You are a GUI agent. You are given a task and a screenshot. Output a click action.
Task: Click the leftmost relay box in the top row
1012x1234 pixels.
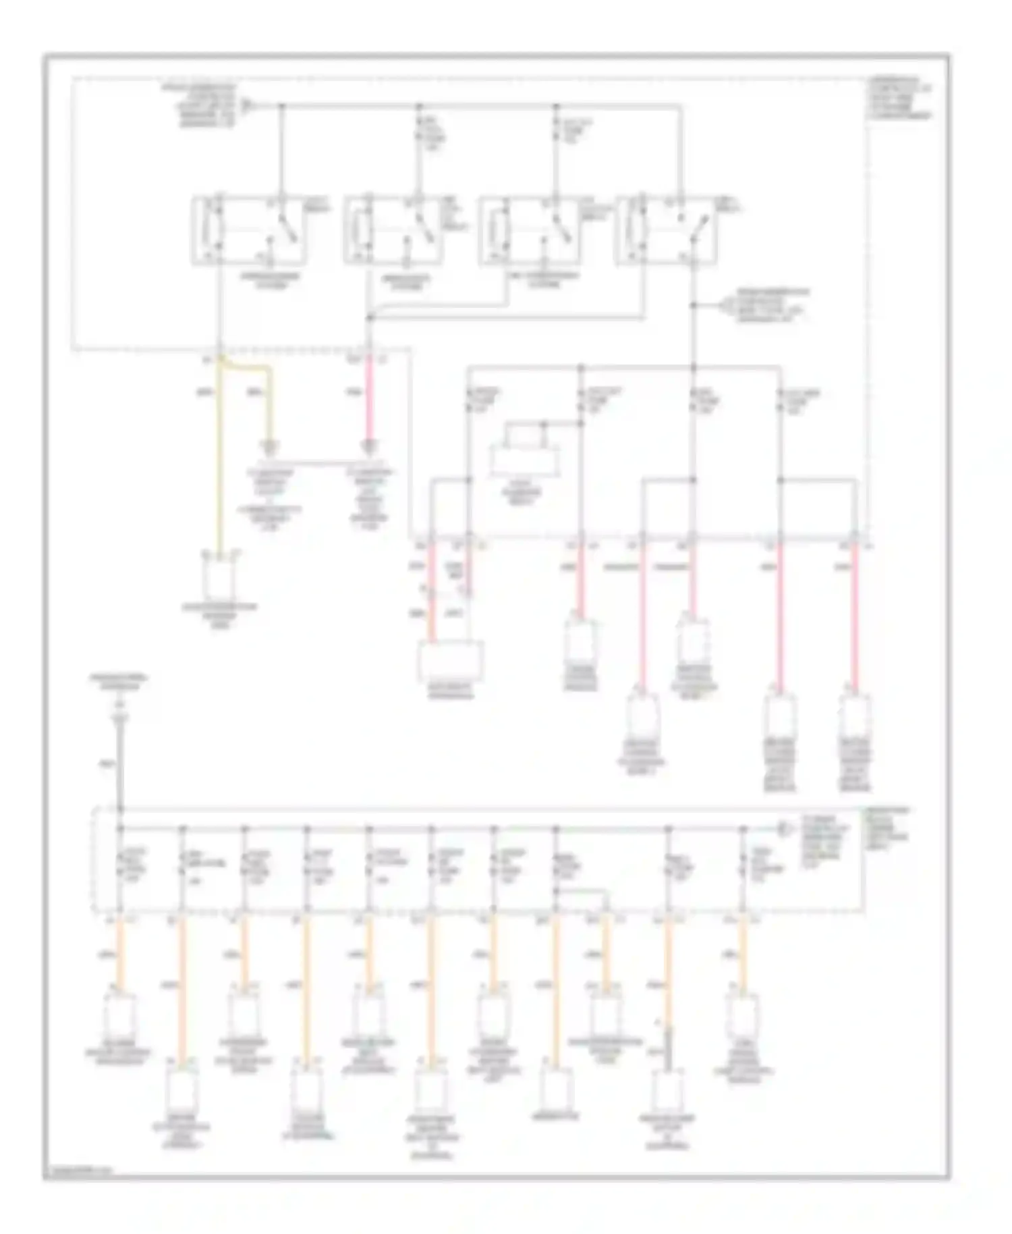point(250,230)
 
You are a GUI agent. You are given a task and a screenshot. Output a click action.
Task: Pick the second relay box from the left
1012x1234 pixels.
point(393,230)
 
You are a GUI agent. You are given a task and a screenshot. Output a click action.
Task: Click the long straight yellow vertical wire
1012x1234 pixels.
point(219,459)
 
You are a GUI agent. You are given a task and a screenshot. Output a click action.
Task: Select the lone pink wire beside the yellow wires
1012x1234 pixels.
point(369,398)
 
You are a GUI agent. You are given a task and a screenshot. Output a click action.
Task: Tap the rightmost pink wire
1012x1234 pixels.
point(854,614)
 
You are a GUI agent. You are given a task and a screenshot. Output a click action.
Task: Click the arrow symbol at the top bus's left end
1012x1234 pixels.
point(248,106)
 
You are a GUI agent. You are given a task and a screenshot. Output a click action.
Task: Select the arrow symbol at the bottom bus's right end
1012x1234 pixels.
point(783,828)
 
